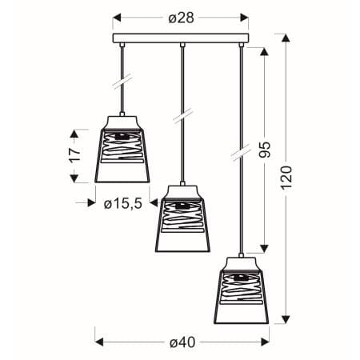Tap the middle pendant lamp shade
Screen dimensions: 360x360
coord(181,222)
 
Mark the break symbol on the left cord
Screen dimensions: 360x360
coord(122,83)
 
